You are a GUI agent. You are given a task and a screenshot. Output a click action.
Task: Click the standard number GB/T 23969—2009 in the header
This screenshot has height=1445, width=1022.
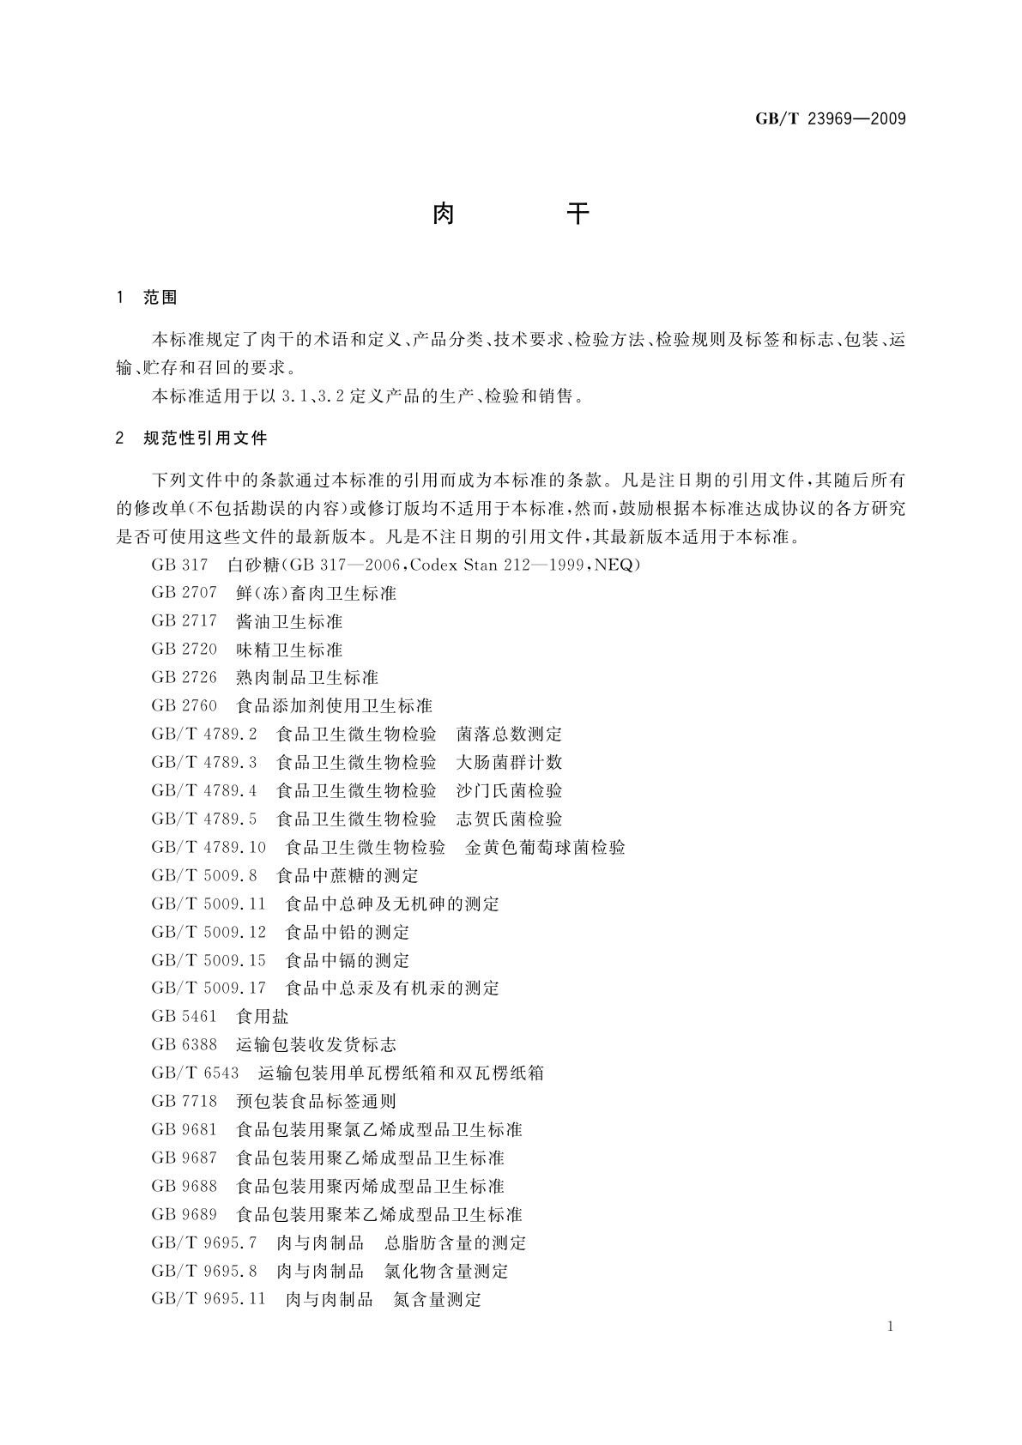tap(830, 119)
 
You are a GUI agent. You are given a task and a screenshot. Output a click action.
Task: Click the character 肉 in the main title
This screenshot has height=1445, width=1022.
tap(443, 214)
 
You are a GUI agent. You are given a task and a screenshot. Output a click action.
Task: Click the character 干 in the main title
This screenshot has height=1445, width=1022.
tap(579, 214)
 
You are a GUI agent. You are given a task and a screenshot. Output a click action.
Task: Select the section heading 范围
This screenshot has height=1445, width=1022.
tap(160, 298)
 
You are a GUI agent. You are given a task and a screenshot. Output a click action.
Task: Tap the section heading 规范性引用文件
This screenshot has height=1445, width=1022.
tap(206, 438)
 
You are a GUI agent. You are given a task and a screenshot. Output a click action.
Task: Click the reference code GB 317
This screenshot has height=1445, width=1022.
tap(179, 565)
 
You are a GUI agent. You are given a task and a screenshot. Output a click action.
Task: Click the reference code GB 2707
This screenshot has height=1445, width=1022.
tap(184, 593)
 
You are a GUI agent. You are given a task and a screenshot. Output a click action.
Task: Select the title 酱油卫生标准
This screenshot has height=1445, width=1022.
tap(289, 621)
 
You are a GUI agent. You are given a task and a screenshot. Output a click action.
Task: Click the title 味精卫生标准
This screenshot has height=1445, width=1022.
tap(289, 650)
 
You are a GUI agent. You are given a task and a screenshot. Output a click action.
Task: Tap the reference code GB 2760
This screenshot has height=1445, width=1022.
tap(184, 705)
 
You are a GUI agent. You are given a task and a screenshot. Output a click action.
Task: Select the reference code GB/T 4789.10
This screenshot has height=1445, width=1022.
tap(209, 847)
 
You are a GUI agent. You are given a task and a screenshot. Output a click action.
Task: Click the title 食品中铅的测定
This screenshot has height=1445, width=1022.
tap(347, 932)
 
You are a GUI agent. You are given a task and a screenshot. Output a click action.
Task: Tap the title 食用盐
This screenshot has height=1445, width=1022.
tap(262, 1016)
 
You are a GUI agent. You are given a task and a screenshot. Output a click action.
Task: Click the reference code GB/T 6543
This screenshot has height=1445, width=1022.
tap(195, 1073)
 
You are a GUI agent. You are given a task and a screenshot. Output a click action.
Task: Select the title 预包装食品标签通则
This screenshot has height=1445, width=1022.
tap(316, 1101)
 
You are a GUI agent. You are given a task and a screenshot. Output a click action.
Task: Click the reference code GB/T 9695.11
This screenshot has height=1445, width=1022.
tap(209, 1299)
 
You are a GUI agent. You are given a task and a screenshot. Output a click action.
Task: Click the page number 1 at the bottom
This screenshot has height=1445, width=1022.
tap(890, 1327)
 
